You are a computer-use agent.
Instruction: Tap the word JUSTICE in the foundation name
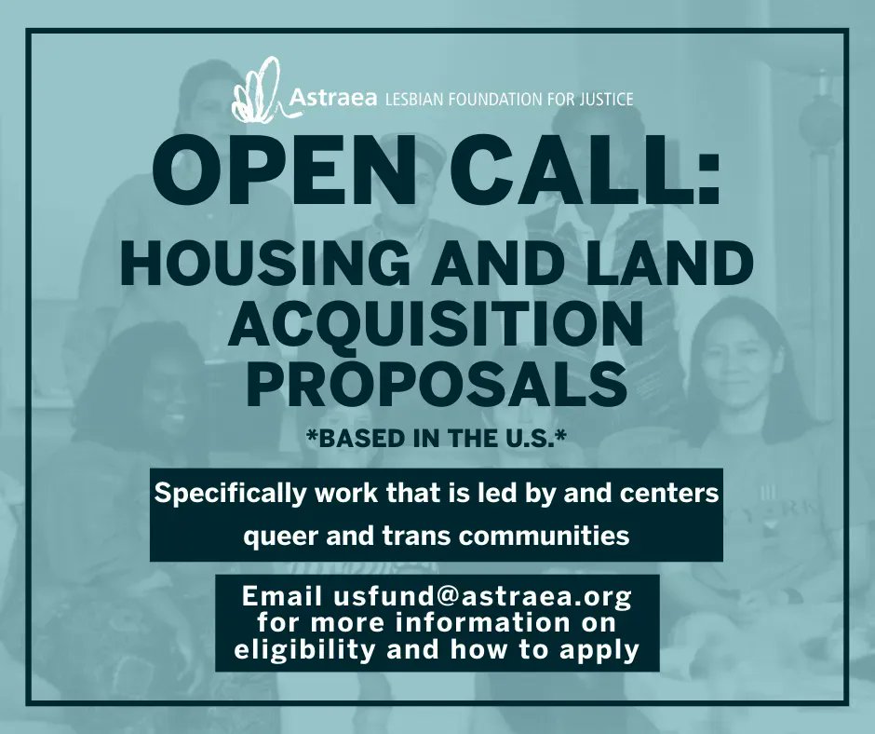(602, 98)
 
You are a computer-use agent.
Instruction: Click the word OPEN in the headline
(275, 175)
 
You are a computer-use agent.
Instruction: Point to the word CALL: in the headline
(579, 175)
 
